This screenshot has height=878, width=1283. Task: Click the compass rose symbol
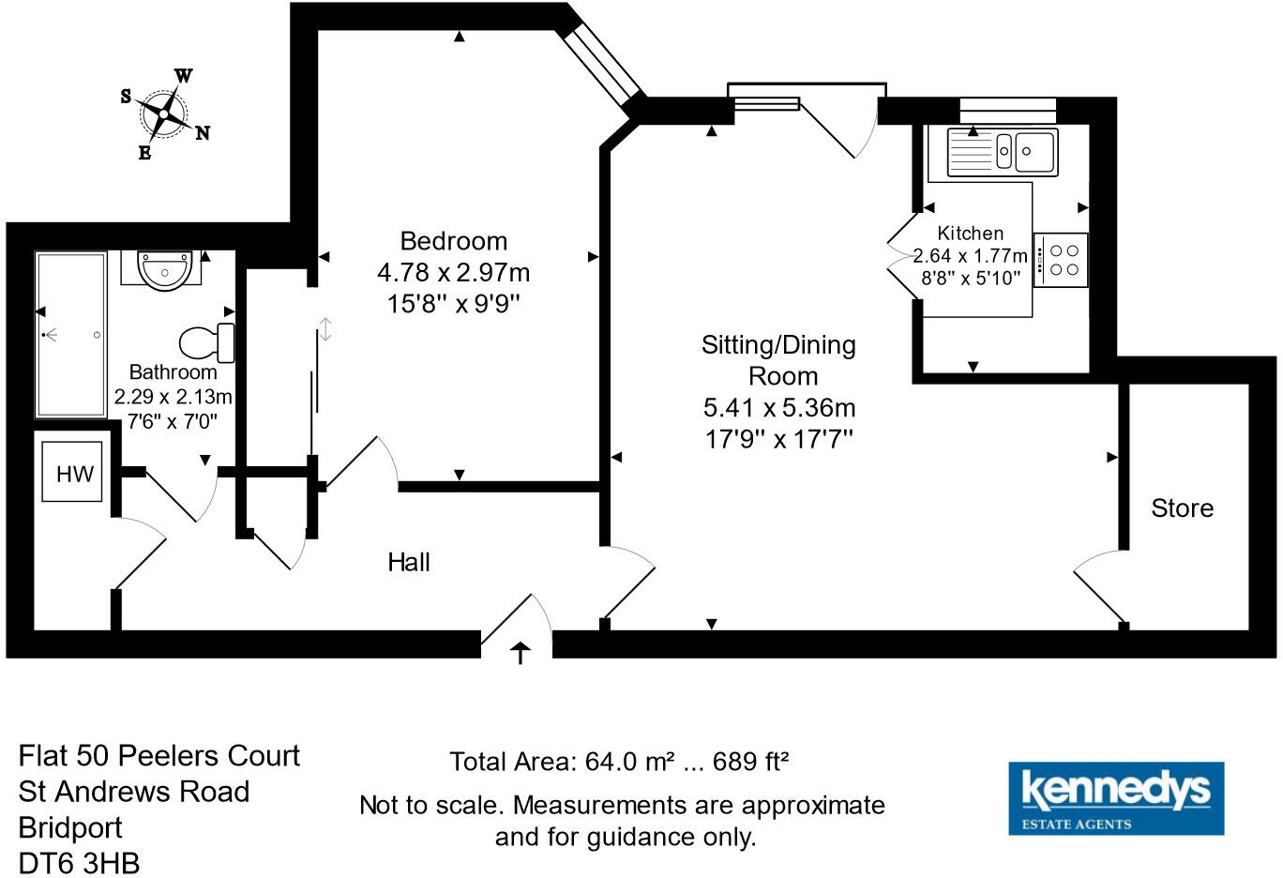coord(165,114)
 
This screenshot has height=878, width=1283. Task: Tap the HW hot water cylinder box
coord(75,473)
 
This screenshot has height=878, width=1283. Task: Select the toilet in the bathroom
coord(205,342)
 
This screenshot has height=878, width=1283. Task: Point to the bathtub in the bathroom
coord(70,334)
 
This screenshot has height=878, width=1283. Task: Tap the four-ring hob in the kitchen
coord(1062,260)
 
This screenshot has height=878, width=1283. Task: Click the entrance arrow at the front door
coord(520,652)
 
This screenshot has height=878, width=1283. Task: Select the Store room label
coord(1182,508)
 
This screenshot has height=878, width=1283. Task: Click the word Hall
coord(409,562)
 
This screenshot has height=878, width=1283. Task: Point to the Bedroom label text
coord(453,241)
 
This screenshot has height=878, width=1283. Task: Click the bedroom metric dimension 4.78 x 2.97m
coord(453,273)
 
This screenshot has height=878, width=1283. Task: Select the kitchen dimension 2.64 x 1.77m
coord(970,255)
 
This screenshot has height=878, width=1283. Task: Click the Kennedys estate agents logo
coord(1115,798)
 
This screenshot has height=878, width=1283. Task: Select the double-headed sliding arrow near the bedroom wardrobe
coord(325,329)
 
